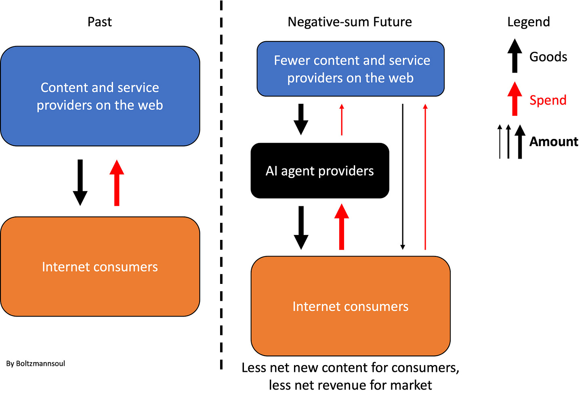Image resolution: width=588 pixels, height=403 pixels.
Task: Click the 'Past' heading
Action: coord(99,22)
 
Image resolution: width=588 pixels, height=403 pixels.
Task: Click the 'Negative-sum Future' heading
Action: coord(350,22)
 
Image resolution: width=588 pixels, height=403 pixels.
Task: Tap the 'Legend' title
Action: coord(528,22)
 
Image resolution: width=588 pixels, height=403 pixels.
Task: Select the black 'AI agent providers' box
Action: coord(320,171)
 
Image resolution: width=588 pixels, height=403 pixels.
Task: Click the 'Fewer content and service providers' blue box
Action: coord(351,69)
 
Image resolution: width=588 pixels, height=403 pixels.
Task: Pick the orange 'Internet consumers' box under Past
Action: coord(100,267)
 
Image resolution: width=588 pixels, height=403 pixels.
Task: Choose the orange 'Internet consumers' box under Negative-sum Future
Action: coord(351,306)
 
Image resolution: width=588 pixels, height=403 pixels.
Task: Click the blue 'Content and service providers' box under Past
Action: coord(100,96)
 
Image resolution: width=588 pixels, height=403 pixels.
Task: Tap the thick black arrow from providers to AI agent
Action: coord(301,119)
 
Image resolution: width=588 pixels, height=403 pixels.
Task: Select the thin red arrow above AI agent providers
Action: coord(342,120)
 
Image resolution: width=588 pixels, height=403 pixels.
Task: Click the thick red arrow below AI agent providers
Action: coord(342,227)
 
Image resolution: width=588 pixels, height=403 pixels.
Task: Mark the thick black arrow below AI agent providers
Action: coord(301,227)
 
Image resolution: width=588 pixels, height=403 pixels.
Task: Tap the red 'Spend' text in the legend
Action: coord(548,100)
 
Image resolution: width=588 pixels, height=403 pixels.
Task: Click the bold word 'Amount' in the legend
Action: coord(553,142)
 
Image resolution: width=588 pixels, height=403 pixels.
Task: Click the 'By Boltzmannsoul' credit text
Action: coord(36,363)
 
